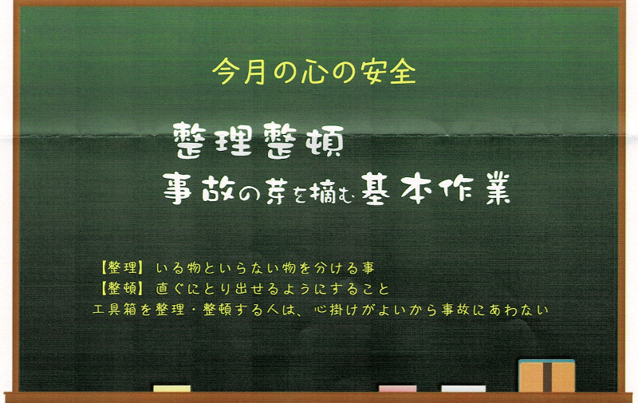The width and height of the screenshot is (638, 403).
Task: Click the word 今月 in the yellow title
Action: pyautogui.click(x=237, y=73)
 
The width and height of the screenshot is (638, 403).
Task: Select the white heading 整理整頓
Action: pyautogui.click(x=258, y=142)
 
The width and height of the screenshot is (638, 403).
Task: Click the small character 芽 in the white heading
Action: pyautogui.click(x=263, y=190)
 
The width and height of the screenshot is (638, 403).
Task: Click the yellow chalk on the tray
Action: pyautogui.click(x=171, y=389)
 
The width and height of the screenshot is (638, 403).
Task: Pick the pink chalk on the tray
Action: pyautogui.click(x=397, y=389)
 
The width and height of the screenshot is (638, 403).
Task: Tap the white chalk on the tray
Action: pyautogui.click(x=463, y=389)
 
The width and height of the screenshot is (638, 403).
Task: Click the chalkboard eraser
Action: pyautogui.click(x=546, y=376)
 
